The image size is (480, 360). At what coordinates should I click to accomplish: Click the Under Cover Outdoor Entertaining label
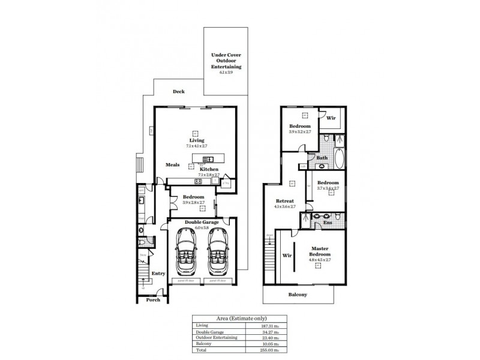coord(226,61)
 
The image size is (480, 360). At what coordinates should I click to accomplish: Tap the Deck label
coord(179,92)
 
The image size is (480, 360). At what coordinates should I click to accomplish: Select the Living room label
coord(196,140)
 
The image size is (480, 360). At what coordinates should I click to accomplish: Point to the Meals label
coord(172,164)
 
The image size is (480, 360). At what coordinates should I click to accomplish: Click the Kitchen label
coord(209,170)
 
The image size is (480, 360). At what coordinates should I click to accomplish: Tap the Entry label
coord(158,274)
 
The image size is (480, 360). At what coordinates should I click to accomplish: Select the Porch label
coord(153,299)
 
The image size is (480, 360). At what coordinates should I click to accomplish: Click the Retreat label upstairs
coord(284,201)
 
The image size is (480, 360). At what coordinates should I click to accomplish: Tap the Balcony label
coord(298,295)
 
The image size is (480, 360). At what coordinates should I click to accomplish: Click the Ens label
coord(328,223)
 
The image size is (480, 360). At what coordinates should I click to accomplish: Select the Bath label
coord(322,158)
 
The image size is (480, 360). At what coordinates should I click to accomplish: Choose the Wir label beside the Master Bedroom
coord(286,254)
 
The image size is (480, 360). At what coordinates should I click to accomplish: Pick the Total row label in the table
coord(200,349)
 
